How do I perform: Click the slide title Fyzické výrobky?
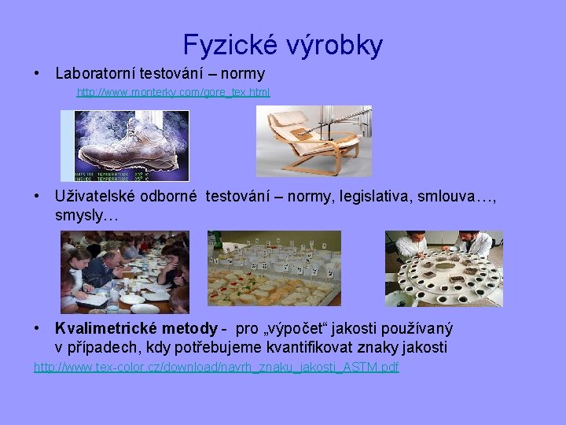(283, 45)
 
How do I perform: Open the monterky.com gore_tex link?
(172, 92)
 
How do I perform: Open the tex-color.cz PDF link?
(216, 367)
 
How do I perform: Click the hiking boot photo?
(126, 145)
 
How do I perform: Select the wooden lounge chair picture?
(314, 141)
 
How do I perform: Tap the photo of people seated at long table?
(125, 272)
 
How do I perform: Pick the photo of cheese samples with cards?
(274, 268)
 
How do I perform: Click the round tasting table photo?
(443, 268)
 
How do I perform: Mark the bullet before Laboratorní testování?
(37, 73)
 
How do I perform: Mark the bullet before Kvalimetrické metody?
(37, 328)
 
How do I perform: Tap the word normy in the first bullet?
(242, 73)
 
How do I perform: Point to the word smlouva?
(454, 196)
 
